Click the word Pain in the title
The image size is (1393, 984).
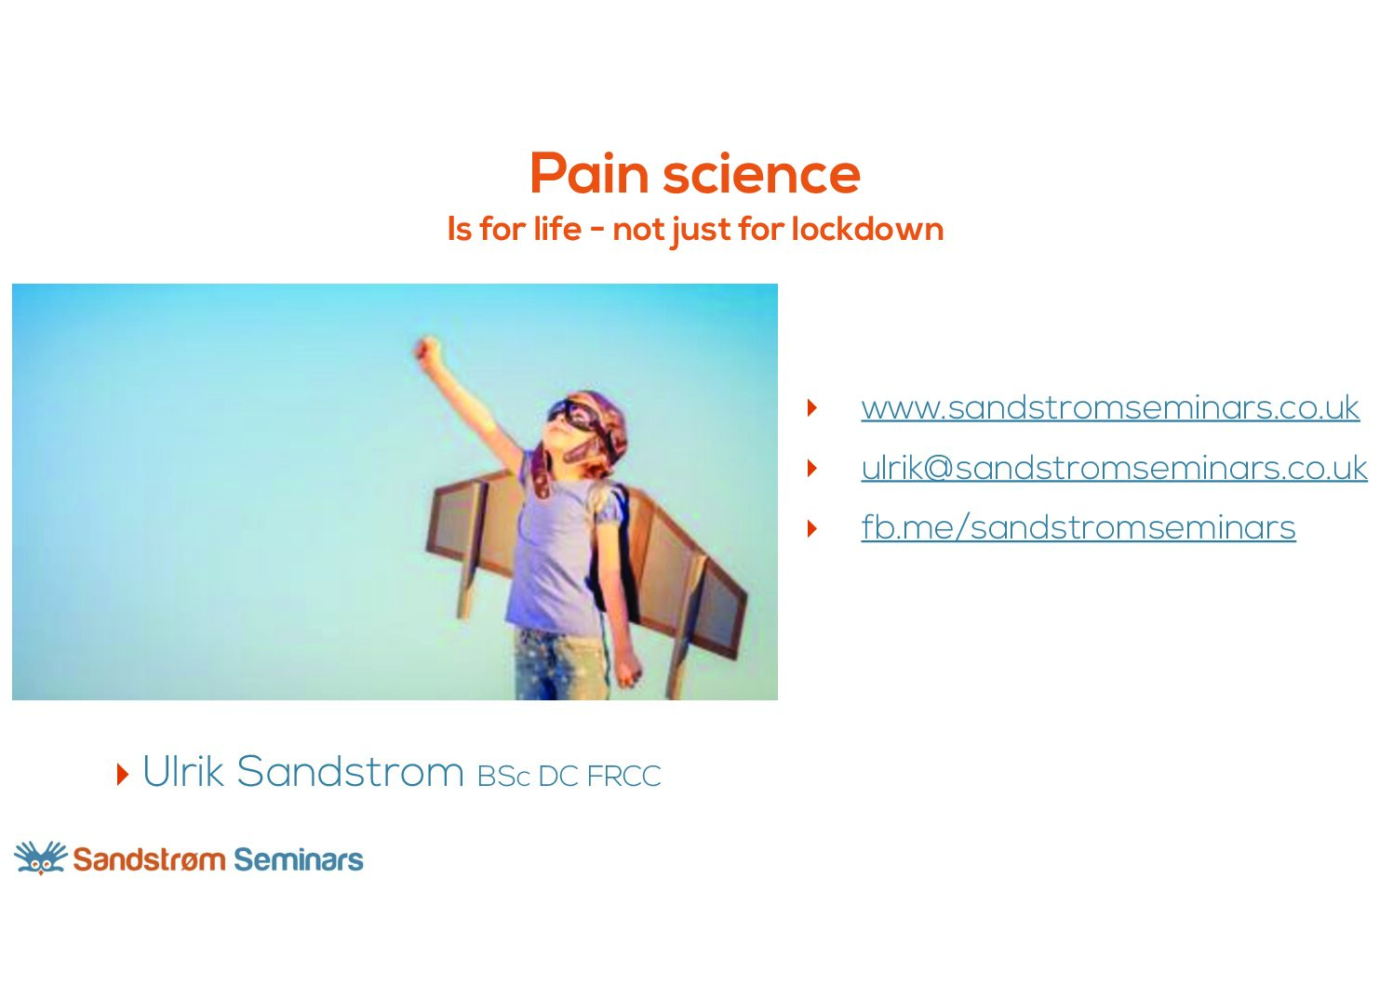tap(590, 173)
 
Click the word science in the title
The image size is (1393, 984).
tap(762, 173)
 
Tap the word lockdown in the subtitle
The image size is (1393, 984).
tap(867, 229)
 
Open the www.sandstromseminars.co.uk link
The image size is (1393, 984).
tap(1110, 408)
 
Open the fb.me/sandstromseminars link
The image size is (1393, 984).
tap(1078, 527)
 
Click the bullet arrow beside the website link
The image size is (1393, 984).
tap(811, 407)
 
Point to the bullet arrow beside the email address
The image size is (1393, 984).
tap(811, 468)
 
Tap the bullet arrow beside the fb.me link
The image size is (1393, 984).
tap(811, 528)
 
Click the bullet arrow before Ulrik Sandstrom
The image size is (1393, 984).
tap(123, 774)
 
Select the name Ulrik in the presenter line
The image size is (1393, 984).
tap(183, 771)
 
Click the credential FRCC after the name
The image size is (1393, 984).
tap(623, 777)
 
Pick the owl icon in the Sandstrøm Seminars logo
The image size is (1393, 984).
tap(40, 858)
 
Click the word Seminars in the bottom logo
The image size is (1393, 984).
tap(299, 859)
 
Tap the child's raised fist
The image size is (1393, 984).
tap(428, 350)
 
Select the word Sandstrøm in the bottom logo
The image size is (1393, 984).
tap(149, 859)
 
